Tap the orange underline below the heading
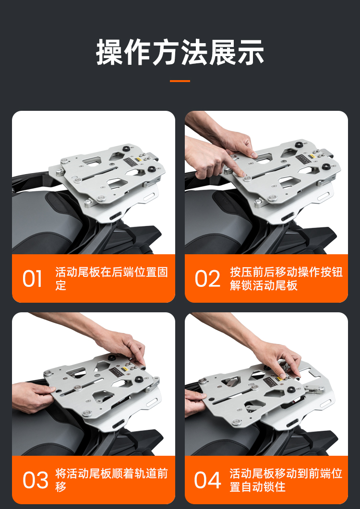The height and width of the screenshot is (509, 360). (x=180, y=81)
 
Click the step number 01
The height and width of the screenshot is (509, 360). (x=32, y=279)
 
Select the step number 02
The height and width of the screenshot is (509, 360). (x=207, y=279)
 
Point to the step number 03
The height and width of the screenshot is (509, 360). (x=35, y=480)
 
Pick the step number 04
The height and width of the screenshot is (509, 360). (x=208, y=480)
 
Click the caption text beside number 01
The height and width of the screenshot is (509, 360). (x=111, y=279)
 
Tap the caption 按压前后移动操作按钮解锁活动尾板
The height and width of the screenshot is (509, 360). (x=286, y=279)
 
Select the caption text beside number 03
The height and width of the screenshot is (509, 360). (x=111, y=480)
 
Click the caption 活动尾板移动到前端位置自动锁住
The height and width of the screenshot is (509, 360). (x=286, y=480)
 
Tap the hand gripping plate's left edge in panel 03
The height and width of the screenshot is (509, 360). (x=33, y=397)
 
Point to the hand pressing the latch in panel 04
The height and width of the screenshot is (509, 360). (x=276, y=360)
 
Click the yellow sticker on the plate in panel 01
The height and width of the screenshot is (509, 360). (x=137, y=160)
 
